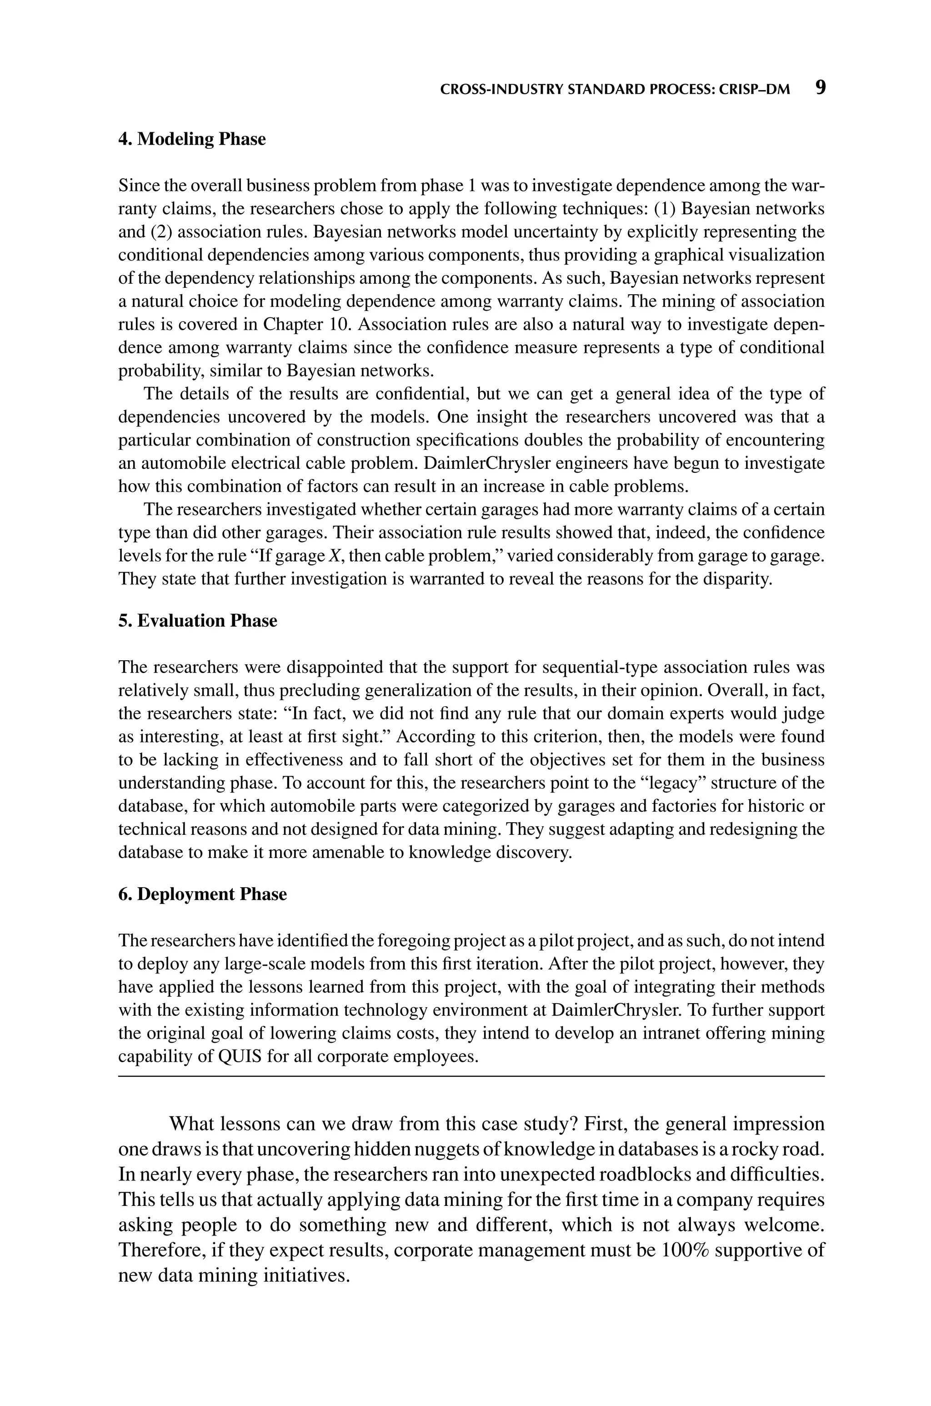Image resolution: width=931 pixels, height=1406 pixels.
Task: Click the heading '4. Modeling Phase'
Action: point(192,139)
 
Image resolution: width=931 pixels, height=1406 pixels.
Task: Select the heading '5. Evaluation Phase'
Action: point(198,621)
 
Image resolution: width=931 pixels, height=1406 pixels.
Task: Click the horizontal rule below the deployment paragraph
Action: point(471,1076)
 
